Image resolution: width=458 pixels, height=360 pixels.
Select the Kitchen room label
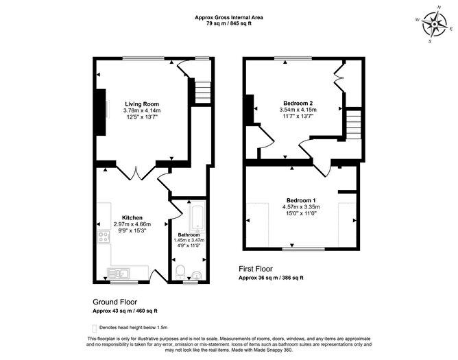(x=132, y=217)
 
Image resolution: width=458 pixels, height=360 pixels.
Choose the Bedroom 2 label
(x=296, y=102)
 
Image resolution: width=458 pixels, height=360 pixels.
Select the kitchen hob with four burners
(x=106, y=239)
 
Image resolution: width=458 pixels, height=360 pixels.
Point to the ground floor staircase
(x=200, y=91)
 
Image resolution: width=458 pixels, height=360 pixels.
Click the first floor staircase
(x=352, y=126)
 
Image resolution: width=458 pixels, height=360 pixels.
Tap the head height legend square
(x=95, y=328)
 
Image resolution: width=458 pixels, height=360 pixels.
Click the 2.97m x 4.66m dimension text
(x=132, y=224)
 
